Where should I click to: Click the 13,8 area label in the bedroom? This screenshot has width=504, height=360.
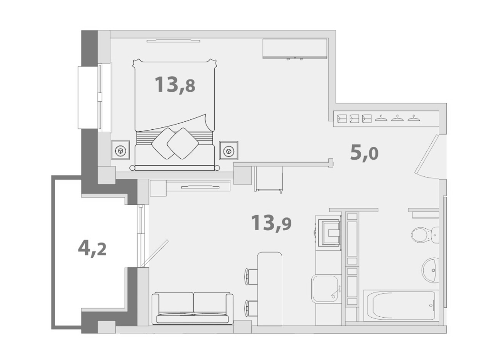pyautogui.click(x=175, y=85)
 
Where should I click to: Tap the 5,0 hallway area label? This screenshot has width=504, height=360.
pyautogui.click(x=364, y=153)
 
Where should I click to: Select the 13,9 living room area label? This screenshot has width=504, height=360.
pyautogui.click(x=271, y=223)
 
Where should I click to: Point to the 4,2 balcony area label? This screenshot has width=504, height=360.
pyautogui.click(x=92, y=248)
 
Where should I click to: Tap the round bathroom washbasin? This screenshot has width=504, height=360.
pyautogui.click(x=430, y=270)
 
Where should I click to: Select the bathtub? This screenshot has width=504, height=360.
pyautogui.click(x=400, y=306)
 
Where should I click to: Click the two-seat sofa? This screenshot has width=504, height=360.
pyautogui.click(x=193, y=308)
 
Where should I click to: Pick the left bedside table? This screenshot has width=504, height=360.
pyautogui.click(x=120, y=150)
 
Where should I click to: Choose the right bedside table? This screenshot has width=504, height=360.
pyautogui.click(x=229, y=150)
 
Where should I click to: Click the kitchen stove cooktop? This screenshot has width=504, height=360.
pyautogui.click(x=329, y=231)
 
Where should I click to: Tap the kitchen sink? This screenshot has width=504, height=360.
pyautogui.click(x=326, y=288)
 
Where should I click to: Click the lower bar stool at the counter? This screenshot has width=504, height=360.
pyautogui.click(x=252, y=308)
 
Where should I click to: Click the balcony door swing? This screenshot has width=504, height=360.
pyautogui.click(x=155, y=253)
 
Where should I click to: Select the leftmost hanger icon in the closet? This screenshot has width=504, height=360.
pyautogui.click(x=381, y=118)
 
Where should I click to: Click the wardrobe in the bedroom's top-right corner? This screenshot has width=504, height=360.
pyautogui.click(x=295, y=49)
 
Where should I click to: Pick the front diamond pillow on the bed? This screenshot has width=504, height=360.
pyautogui.click(x=183, y=144)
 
